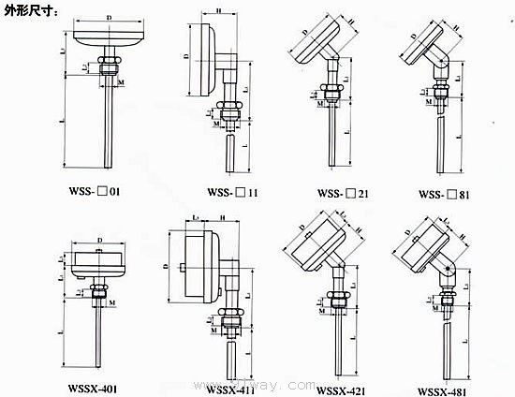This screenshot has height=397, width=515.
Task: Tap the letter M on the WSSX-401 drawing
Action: point(112,304)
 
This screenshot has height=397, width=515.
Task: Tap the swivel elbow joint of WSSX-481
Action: point(448,272)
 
